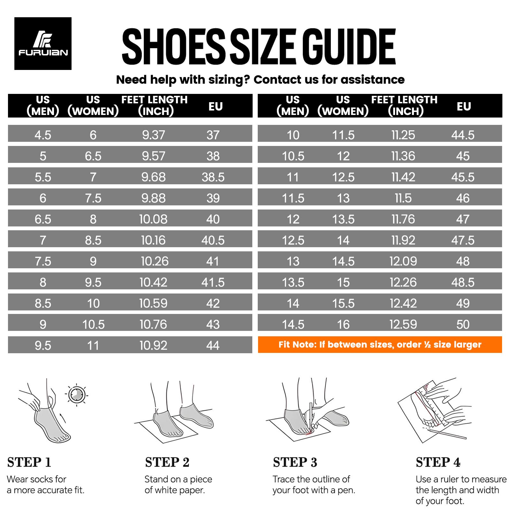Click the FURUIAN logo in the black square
[43, 44]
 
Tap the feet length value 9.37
[154, 135]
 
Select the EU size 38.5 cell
[213, 177]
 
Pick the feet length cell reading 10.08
[153, 219]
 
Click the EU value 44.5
[463, 135]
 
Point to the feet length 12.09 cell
[403, 261]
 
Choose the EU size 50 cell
[463, 324]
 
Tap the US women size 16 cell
[343, 324]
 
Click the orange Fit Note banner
[380, 345]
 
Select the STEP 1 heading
[29, 462]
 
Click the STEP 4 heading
[438, 462]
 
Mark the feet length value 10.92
[153, 346]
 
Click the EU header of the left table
[216, 106]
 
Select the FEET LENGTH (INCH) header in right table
[404, 105]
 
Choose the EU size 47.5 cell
[463, 240]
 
